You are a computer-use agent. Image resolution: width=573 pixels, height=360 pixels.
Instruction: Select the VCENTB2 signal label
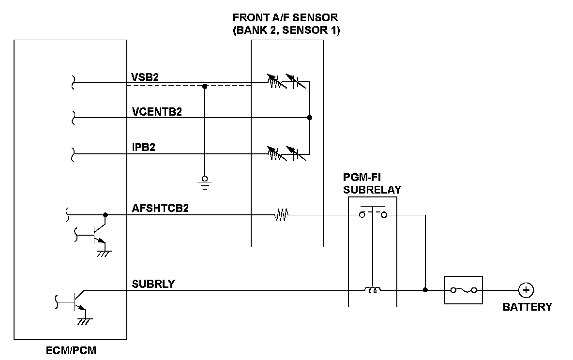coord(157,112)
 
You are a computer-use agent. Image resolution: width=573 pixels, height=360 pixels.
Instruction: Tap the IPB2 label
coord(143,147)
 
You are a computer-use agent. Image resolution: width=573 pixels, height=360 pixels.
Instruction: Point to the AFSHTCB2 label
coord(160,209)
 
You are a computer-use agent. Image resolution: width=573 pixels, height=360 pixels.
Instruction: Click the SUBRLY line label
coord(153,284)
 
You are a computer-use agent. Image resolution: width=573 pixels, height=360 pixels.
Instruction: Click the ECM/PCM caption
coord(71,350)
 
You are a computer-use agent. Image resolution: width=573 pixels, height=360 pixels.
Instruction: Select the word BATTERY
coord(527,307)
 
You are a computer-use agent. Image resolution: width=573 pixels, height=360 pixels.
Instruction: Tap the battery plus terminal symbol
coord(525,290)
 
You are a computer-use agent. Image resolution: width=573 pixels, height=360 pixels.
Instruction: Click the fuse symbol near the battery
coord(464,290)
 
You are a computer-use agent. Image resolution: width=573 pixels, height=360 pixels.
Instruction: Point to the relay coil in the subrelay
coord(372,290)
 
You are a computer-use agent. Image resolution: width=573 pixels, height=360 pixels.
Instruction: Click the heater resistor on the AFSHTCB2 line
coord(281,214)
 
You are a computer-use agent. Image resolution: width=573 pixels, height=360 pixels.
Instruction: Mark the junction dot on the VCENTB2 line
coord(310,118)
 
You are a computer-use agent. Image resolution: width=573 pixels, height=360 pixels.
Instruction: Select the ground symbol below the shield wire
coord(205,180)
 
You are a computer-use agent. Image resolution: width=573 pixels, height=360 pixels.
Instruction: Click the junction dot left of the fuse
coord(425,290)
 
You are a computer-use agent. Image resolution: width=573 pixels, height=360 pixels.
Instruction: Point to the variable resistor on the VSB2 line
coord(274,81)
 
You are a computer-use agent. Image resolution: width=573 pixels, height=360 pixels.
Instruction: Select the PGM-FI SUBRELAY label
coord(372,183)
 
